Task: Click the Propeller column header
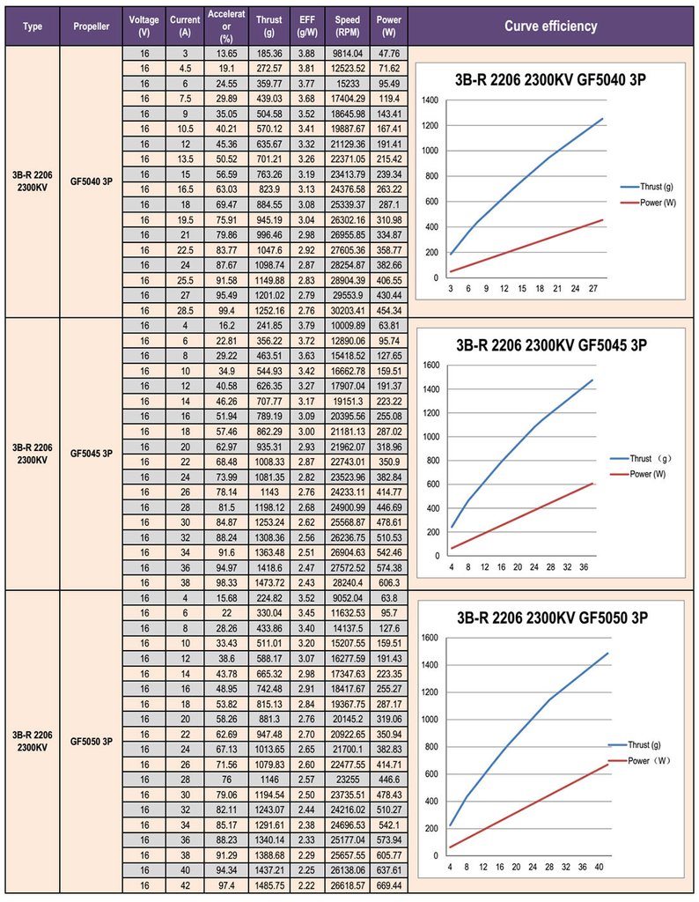pyautogui.click(x=92, y=26)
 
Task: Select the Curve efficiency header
pyautogui.click(x=551, y=26)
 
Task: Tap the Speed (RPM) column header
pyautogui.click(x=347, y=26)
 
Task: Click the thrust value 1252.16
pyautogui.click(x=269, y=311)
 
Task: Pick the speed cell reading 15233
pyautogui.click(x=347, y=84)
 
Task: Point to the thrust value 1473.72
pyautogui.click(x=269, y=583)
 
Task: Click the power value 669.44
pyautogui.click(x=389, y=885)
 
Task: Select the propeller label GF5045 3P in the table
pyautogui.click(x=92, y=454)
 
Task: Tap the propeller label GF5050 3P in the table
pyautogui.click(x=92, y=742)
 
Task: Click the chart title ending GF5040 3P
pyautogui.click(x=550, y=79)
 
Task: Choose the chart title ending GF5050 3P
pyautogui.click(x=552, y=617)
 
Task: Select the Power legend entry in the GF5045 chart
pyautogui.click(x=638, y=474)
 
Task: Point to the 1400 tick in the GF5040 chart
pyautogui.click(x=430, y=100)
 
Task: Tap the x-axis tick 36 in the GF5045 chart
pyautogui.click(x=584, y=567)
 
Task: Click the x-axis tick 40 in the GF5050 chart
pyautogui.click(x=599, y=867)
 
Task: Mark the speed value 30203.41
pyautogui.click(x=347, y=311)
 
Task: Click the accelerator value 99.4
pyautogui.click(x=226, y=311)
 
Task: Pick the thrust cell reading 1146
pyautogui.click(x=269, y=780)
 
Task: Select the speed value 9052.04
pyautogui.click(x=347, y=598)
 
